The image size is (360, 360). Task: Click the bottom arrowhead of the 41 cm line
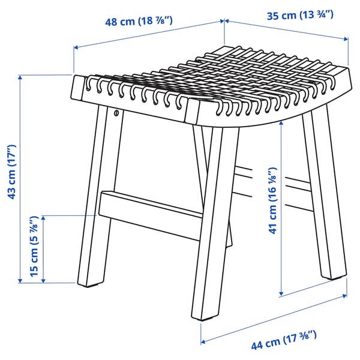(x=281, y=293)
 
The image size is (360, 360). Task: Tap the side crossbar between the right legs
(x=276, y=186)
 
